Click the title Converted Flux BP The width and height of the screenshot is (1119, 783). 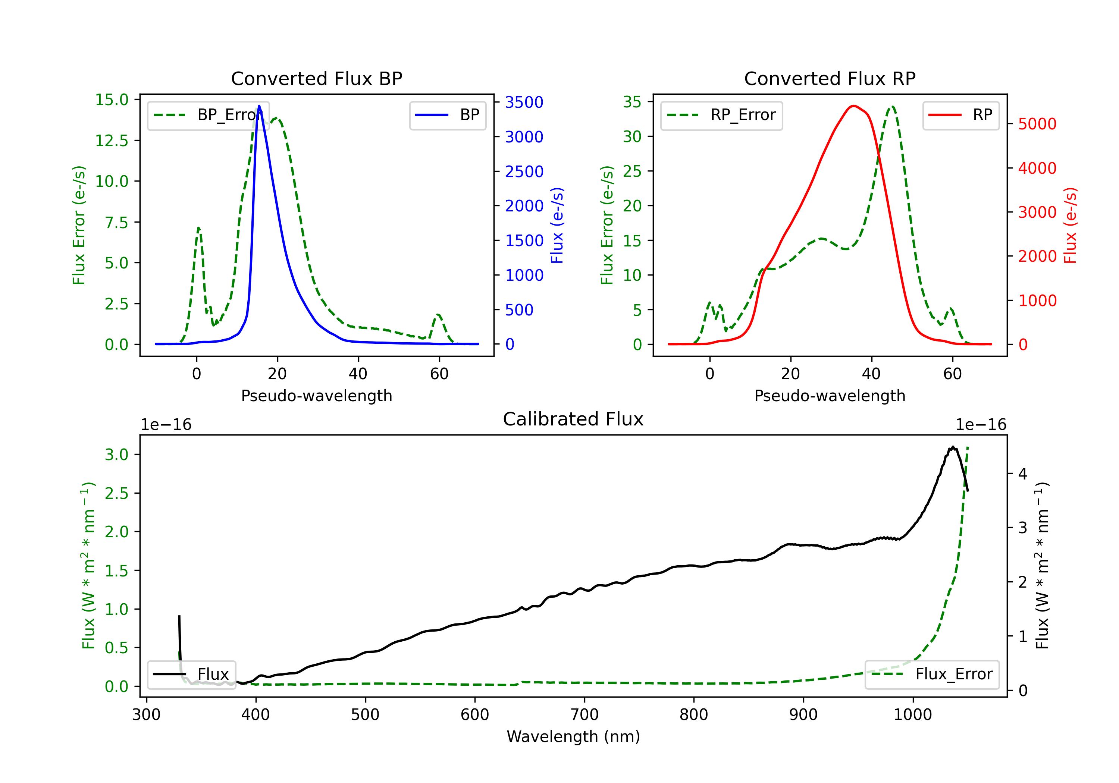point(316,78)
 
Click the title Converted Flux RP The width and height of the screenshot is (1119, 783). point(830,78)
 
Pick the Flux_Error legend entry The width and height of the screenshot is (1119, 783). point(931,674)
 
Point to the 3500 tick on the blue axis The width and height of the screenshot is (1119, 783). point(524,102)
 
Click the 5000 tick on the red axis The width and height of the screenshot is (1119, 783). point(1037,124)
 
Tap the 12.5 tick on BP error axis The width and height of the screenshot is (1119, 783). point(112,141)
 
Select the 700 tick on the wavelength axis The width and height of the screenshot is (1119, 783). point(584,715)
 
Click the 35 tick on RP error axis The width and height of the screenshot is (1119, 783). point(632,102)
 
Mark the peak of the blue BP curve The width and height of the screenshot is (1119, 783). point(259,106)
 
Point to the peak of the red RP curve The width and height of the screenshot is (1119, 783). point(853,106)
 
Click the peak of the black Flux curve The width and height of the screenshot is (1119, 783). point(952,447)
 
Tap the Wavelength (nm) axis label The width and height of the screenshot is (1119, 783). point(573,737)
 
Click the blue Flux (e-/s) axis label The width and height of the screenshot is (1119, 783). point(557,225)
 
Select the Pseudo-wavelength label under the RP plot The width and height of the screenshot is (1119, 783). point(830,396)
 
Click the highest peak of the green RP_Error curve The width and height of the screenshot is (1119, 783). point(892,106)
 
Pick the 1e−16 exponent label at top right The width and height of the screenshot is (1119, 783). point(981,425)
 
